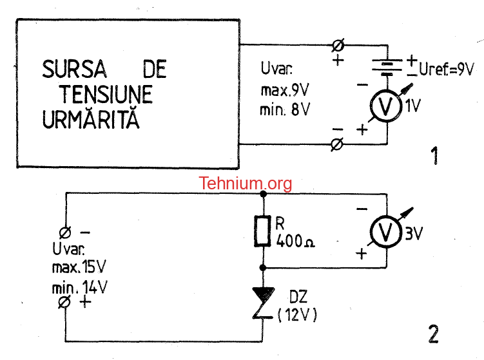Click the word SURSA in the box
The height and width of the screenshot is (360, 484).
(x=74, y=69)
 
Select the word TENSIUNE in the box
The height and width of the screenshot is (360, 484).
(x=106, y=94)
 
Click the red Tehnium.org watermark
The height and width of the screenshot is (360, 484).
(x=246, y=184)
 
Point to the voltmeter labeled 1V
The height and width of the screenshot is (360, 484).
(x=386, y=106)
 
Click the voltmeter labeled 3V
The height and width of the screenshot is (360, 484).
(x=386, y=231)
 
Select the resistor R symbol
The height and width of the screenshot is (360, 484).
(x=263, y=231)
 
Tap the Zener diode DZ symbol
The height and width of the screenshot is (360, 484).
(x=263, y=303)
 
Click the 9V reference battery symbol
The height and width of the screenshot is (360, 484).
(x=387, y=67)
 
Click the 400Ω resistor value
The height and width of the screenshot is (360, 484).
(x=295, y=241)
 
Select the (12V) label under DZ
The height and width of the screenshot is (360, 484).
(x=298, y=316)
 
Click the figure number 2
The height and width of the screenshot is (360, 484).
(x=433, y=334)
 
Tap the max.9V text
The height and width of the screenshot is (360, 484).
(x=285, y=90)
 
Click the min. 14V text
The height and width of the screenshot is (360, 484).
(x=80, y=287)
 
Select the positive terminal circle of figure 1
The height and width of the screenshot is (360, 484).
(x=338, y=46)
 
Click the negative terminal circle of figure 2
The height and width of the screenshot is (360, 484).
(x=65, y=232)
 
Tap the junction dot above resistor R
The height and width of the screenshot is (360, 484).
(x=264, y=194)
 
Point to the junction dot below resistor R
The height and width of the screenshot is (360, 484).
(x=263, y=268)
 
